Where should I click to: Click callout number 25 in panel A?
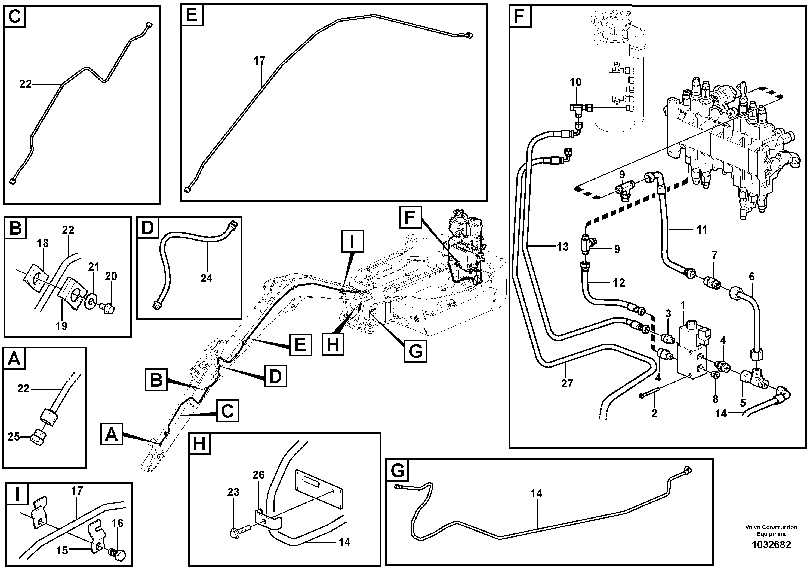coord(14,437)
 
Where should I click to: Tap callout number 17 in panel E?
coord(259,61)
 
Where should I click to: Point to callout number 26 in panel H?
coord(258,475)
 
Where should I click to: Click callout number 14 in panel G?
coord(536,493)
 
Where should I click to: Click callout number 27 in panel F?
coord(567,383)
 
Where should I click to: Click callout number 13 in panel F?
coord(563,247)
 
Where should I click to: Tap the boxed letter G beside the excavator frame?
coord(415,351)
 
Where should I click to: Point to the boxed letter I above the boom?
coord(352,241)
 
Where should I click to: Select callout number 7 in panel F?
coord(714,254)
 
